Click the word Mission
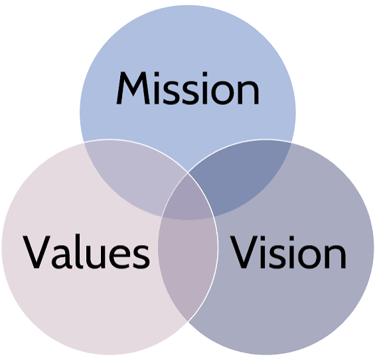[188, 88]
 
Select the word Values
[86, 252]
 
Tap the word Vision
[288, 252]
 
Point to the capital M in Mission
[133, 88]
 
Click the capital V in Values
[37, 252]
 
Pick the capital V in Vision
[244, 252]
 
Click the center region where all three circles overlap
[188, 199]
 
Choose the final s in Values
[141, 256]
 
